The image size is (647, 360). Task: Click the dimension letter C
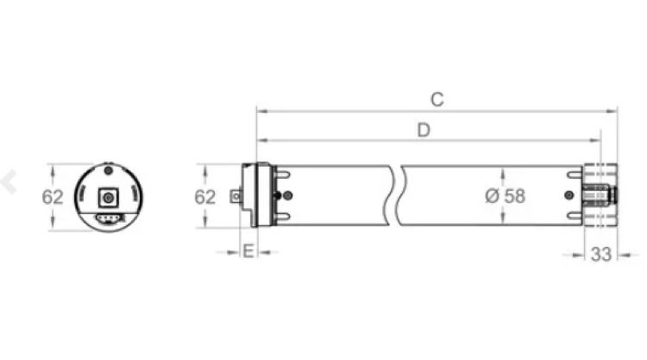[x=437, y=99]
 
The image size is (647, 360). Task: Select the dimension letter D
[x=424, y=130]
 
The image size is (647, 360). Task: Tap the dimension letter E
[x=248, y=252]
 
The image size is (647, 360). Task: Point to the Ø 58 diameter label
[x=505, y=196]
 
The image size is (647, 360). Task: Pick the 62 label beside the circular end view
[x=53, y=197]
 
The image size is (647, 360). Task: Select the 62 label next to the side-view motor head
[x=204, y=197]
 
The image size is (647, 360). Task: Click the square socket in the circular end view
[x=109, y=197]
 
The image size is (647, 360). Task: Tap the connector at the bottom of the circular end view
[x=109, y=218]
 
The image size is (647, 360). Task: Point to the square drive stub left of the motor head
[x=235, y=197]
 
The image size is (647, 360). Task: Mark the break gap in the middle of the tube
[x=399, y=196]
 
